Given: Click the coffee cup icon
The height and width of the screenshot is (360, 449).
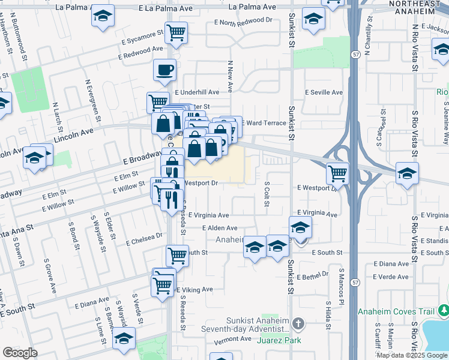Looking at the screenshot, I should pyautogui.click(x=164, y=70).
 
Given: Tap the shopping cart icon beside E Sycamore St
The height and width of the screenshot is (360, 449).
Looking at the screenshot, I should pyautogui.click(x=176, y=32).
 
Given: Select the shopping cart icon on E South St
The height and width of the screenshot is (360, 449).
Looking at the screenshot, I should pyautogui.click(x=177, y=256).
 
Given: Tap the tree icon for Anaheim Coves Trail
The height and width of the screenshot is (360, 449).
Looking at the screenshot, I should pyautogui.click(x=443, y=311).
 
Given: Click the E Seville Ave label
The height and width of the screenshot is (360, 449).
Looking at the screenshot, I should pyautogui.click(x=324, y=92).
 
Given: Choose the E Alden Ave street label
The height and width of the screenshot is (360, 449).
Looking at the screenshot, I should pyautogui.click(x=220, y=228).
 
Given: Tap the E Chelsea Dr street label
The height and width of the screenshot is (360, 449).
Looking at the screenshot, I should pyautogui.click(x=145, y=239).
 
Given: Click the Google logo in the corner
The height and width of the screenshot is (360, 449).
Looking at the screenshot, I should pyautogui.click(x=20, y=353).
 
